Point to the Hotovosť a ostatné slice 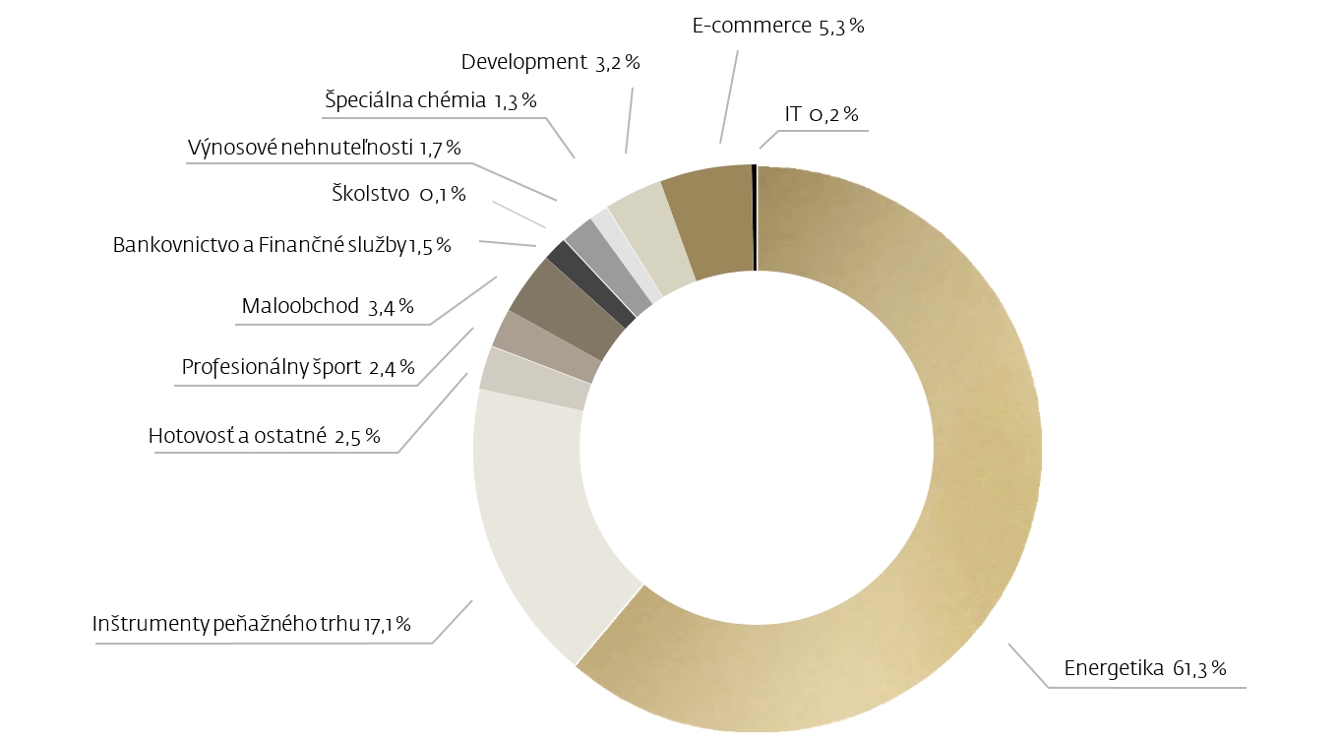534,379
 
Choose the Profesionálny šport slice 545,344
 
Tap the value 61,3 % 1199,669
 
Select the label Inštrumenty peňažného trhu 226,624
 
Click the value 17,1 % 387,624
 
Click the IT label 793,115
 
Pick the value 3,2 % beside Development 618,63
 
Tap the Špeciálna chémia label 405,99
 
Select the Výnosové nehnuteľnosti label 300,148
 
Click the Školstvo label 370,194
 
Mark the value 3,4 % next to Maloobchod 391,307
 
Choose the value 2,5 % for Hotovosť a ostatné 357,436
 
